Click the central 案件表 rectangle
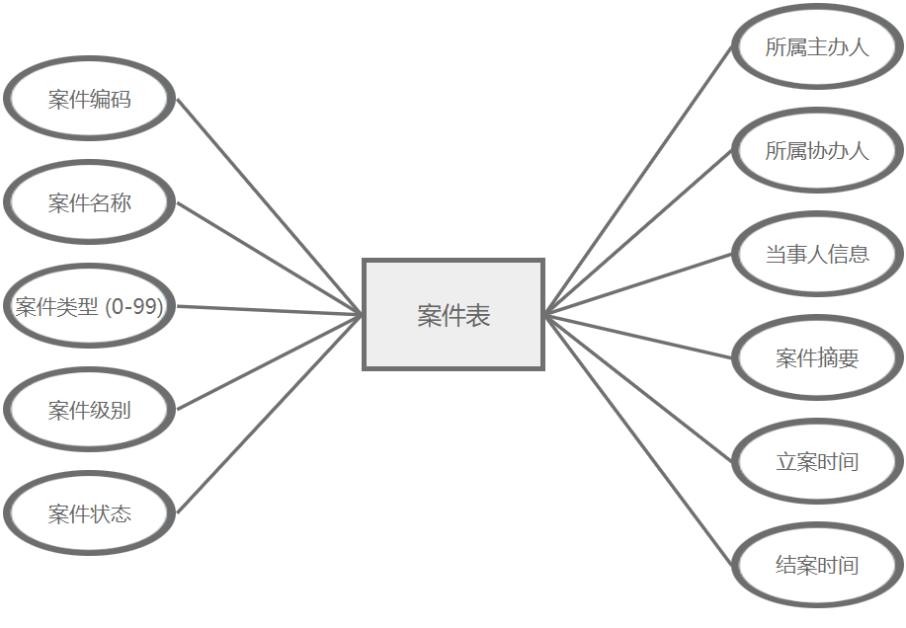[453, 315]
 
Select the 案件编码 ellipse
[90, 100]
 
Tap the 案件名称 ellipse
[90, 203]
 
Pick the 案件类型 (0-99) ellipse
[90, 307]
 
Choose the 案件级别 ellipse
[90, 411]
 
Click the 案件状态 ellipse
[90, 514]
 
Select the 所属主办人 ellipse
[817, 47]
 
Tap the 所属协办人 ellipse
[817, 151]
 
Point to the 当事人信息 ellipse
[817, 255]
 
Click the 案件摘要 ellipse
[817, 358]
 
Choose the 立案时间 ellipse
[817, 462]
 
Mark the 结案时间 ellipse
[817, 566]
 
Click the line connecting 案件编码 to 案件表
[270, 206]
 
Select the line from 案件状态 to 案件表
[270, 414]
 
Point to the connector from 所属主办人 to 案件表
[638, 181]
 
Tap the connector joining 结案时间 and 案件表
[638, 440]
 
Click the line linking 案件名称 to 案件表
[270, 259]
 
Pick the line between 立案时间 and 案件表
[638, 388]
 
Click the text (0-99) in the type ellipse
[133, 307]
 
